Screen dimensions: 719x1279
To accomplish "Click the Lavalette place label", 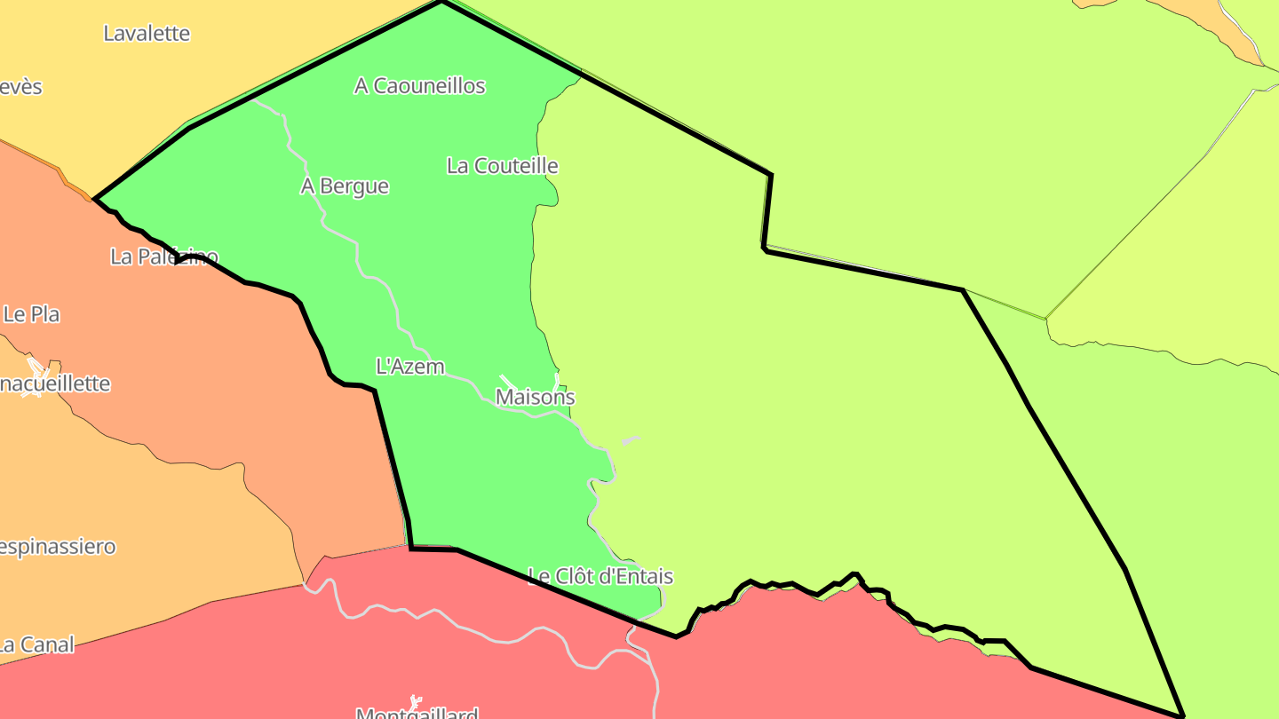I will [x=147, y=34].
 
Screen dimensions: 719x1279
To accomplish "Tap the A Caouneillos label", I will [x=419, y=86].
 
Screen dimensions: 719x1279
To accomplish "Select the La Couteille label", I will [x=502, y=166].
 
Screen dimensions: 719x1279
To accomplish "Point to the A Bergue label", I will [x=345, y=186].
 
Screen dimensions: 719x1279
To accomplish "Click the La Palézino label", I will [x=164, y=257].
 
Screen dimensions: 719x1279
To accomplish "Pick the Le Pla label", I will [x=32, y=314].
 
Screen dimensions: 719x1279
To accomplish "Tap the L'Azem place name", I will [x=410, y=367].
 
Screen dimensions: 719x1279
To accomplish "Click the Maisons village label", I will [x=535, y=398].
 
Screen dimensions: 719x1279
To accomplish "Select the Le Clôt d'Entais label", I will [x=600, y=577].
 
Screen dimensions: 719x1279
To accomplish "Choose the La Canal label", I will [x=36, y=645].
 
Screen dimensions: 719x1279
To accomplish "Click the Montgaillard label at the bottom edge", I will [x=417, y=713].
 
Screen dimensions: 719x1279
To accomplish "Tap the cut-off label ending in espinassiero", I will [x=58, y=546].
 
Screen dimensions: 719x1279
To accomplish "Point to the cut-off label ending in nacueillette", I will [x=55, y=384].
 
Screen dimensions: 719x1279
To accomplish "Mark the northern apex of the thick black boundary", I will [x=441, y=3].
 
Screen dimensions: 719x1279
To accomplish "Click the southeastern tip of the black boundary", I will [x=1182, y=715].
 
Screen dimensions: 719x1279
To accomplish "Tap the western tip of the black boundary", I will [x=95, y=199].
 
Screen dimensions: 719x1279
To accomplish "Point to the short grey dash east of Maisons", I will [x=630, y=440].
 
